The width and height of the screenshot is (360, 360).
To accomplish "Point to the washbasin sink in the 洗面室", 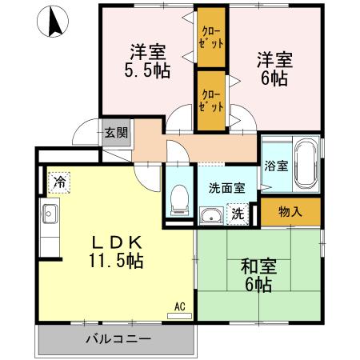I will (x=212, y=214).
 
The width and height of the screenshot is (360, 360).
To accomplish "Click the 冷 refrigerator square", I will (x=58, y=182).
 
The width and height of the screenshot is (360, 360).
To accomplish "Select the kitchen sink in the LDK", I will (x=49, y=214).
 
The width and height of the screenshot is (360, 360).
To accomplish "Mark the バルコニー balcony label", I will (x=118, y=338).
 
